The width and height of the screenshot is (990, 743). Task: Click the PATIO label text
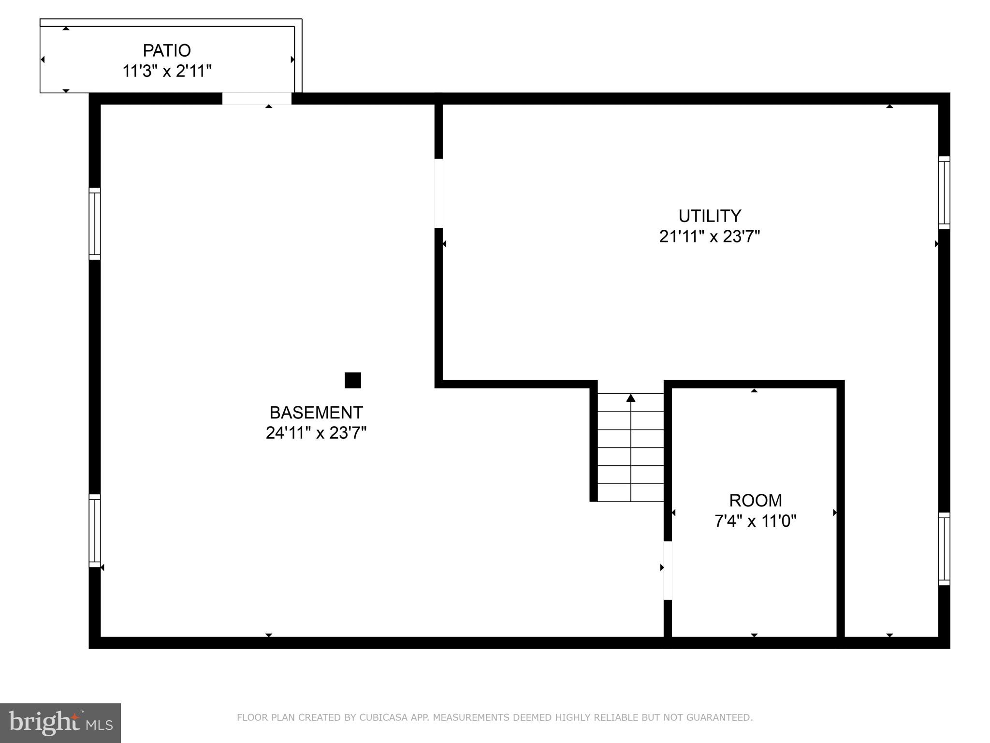[x=167, y=50]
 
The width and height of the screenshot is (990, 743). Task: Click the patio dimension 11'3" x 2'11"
[x=167, y=71]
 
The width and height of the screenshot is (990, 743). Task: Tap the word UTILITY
[x=710, y=216]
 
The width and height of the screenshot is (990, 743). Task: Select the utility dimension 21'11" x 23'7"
[x=710, y=237]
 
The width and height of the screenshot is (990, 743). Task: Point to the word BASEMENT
[x=316, y=413]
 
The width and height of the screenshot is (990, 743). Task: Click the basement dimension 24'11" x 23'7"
[x=316, y=433]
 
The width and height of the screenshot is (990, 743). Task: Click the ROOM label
[x=755, y=500]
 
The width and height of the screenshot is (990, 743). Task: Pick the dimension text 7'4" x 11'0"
[x=755, y=521]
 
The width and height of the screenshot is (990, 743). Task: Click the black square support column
[x=353, y=380]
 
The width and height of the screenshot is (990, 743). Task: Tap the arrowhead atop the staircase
[x=631, y=398]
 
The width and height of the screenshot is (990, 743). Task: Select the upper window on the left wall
[x=95, y=223]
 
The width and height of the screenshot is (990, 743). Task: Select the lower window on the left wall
[x=95, y=530]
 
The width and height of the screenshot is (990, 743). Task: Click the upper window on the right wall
[x=944, y=193]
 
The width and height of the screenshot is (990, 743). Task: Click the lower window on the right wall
[x=944, y=549]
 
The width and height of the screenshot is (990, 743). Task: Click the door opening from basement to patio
[x=257, y=99]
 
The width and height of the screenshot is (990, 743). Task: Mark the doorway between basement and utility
[x=438, y=193]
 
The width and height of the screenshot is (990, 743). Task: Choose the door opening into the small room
[x=668, y=570]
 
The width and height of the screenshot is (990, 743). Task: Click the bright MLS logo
[x=60, y=723]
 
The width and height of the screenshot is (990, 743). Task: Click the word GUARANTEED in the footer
[x=720, y=717]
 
